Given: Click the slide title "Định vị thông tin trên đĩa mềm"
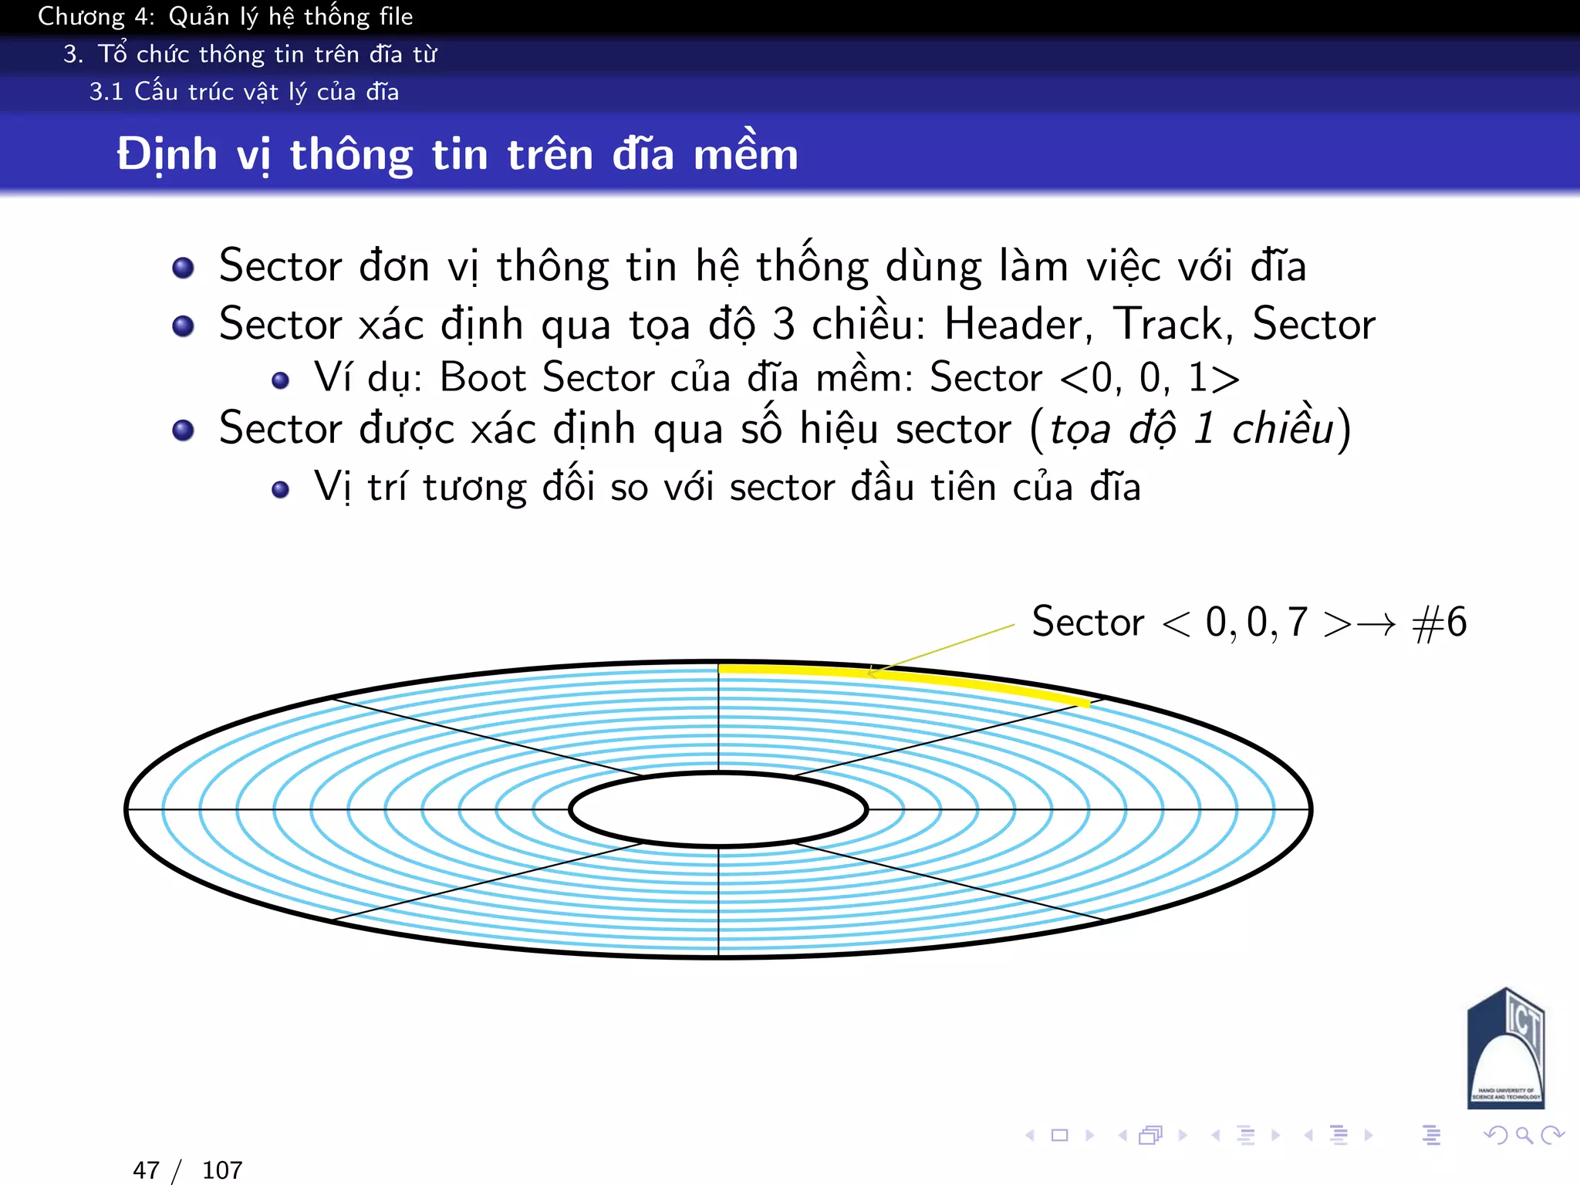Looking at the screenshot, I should click(x=457, y=154).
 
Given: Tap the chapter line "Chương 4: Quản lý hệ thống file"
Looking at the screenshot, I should click(x=225, y=16).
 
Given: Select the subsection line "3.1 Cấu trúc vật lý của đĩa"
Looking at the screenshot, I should click(x=244, y=92).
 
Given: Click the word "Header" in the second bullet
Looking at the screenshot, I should click(x=1017, y=324).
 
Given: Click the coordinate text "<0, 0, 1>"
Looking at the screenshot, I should click(x=1150, y=378).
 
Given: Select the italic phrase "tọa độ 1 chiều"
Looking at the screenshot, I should click(x=1191, y=429).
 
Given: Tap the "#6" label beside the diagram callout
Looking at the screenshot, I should click(x=1439, y=622).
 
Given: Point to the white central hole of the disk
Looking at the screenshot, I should click(x=718, y=809).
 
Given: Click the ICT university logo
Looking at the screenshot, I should click(x=1505, y=1049).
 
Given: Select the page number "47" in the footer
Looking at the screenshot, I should click(x=146, y=1170).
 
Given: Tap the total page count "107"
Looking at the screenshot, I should click(x=222, y=1170).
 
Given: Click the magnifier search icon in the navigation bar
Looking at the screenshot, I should click(x=1524, y=1135).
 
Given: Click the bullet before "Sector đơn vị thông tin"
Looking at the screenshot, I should click(x=183, y=268).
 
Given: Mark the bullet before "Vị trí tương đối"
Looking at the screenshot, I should click(x=280, y=489).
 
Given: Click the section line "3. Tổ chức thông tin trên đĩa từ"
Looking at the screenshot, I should click(x=250, y=54).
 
